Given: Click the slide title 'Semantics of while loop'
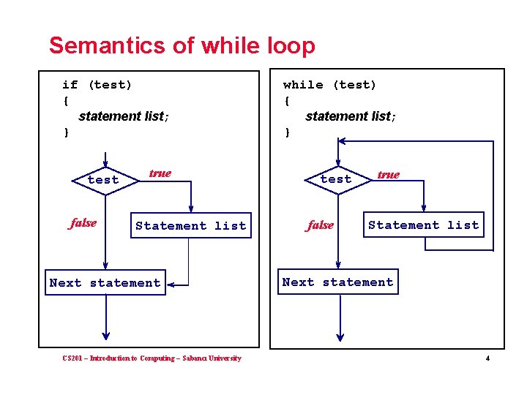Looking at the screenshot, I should point(182,45).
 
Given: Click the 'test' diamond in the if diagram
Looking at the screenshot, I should point(103,180).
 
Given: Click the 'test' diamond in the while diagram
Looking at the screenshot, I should point(336,179).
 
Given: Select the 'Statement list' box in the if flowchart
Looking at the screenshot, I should point(190,226).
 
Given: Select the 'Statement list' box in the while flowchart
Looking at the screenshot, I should point(423,225).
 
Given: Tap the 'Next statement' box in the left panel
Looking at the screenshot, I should point(105,283).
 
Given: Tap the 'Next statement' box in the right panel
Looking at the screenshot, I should point(337,282).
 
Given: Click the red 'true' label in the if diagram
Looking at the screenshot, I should point(160,173).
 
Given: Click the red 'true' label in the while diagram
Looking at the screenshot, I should point(388,175).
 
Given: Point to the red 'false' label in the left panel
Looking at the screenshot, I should point(83,223).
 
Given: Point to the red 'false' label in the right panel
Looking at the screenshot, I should point(320,225).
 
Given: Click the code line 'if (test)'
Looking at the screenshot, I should point(97,85).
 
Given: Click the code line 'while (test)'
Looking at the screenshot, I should point(329,85).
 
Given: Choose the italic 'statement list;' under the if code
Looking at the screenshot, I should point(124,116).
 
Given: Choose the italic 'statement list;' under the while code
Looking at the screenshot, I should point(351,116).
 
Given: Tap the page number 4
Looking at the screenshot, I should point(487,358).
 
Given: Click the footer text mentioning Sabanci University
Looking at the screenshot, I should point(152,358).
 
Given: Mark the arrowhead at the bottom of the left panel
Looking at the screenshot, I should point(105,335).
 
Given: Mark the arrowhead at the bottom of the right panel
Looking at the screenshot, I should point(338,335).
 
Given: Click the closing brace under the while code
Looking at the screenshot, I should point(288,132).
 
